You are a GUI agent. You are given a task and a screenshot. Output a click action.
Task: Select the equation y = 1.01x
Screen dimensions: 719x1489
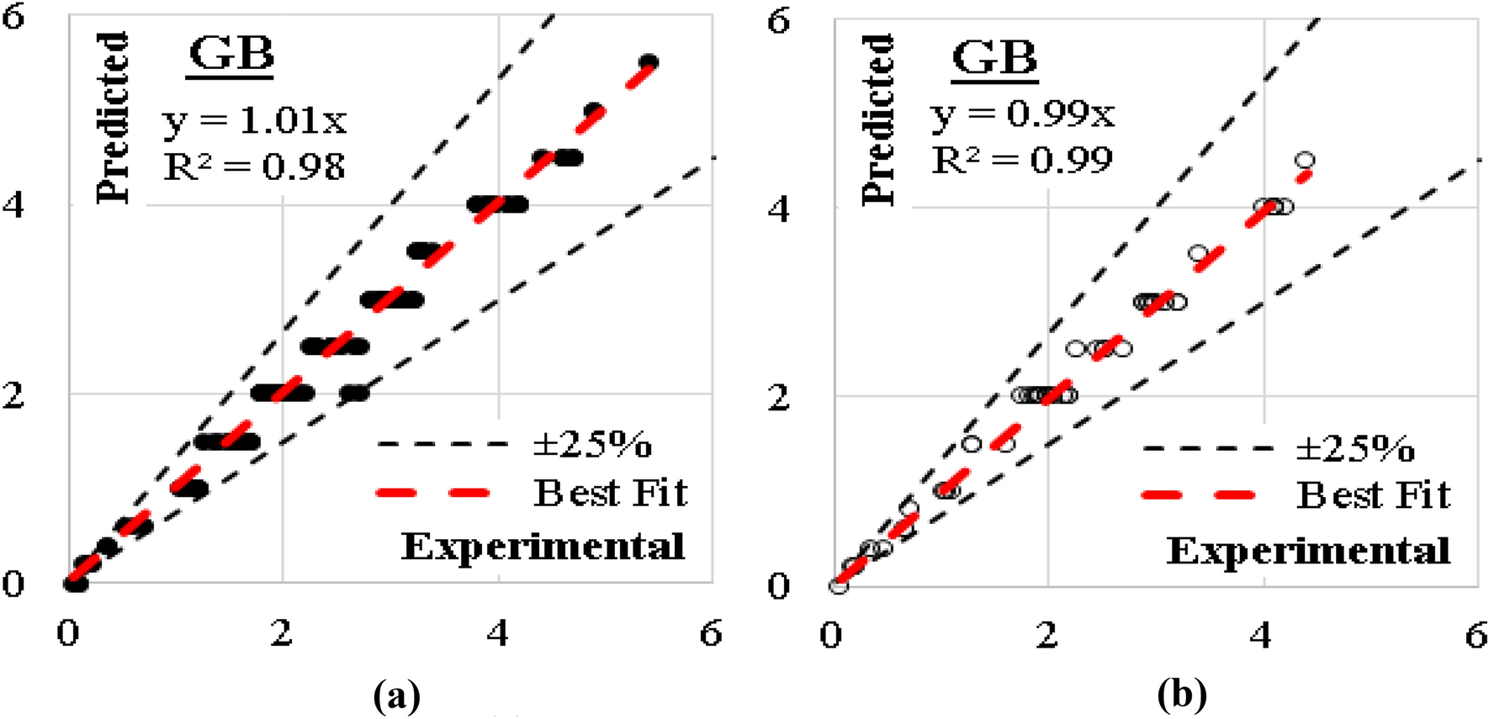254,121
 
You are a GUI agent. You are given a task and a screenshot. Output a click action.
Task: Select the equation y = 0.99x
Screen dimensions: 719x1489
1022,114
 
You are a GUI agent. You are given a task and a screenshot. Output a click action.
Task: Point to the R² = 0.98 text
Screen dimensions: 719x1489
254,166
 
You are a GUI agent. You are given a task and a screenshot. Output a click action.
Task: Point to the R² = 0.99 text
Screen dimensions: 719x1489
1022,159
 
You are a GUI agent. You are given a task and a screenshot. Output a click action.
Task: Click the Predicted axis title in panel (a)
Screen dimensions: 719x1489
113,118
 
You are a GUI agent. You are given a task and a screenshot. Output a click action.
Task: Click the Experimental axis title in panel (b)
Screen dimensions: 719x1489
1308,551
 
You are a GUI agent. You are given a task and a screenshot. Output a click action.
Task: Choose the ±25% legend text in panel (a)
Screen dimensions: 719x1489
592,444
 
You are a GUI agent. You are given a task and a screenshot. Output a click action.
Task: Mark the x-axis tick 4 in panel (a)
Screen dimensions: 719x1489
498,633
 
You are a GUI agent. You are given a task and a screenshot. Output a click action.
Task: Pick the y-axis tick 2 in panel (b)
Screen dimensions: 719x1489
779,396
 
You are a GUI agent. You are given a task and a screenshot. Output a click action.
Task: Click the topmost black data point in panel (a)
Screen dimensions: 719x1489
648,62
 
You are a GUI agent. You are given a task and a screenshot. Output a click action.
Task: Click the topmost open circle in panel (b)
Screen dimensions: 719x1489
1305,160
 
